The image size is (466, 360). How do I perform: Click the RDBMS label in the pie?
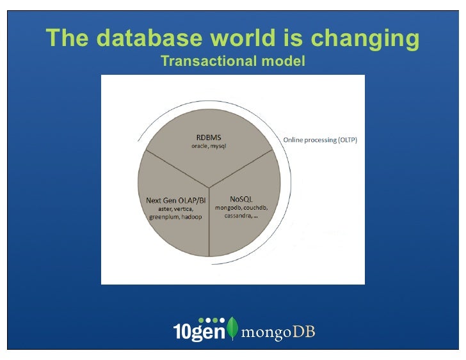(209, 137)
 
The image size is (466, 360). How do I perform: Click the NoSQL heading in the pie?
(241, 199)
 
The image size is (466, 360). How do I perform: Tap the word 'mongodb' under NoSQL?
(229, 208)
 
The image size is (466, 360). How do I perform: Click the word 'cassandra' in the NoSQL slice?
(239, 216)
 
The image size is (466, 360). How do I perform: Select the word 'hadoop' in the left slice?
(192, 217)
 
